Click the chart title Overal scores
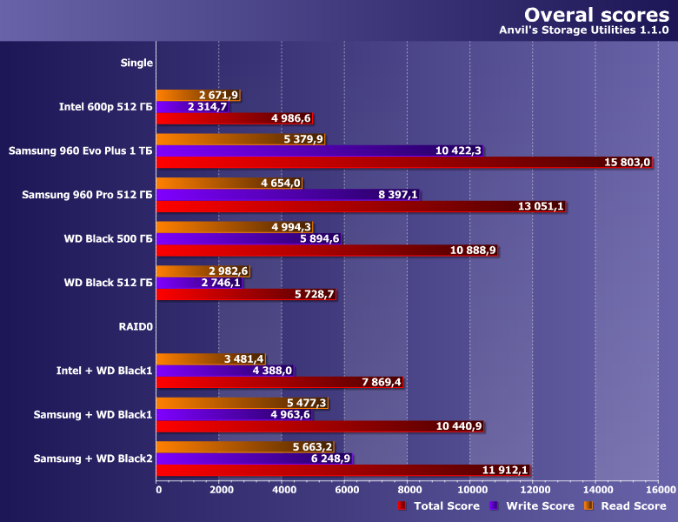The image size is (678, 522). click(x=595, y=15)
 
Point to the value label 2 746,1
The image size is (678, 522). click(x=220, y=283)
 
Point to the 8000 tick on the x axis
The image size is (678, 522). click(x=408, y=491)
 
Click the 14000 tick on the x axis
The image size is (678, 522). click(x=595, y=491)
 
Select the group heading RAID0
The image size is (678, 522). click(x=136, y=327)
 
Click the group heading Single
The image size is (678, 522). click(x=136, y=63)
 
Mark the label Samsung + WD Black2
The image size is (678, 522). click(x=93, y=458)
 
